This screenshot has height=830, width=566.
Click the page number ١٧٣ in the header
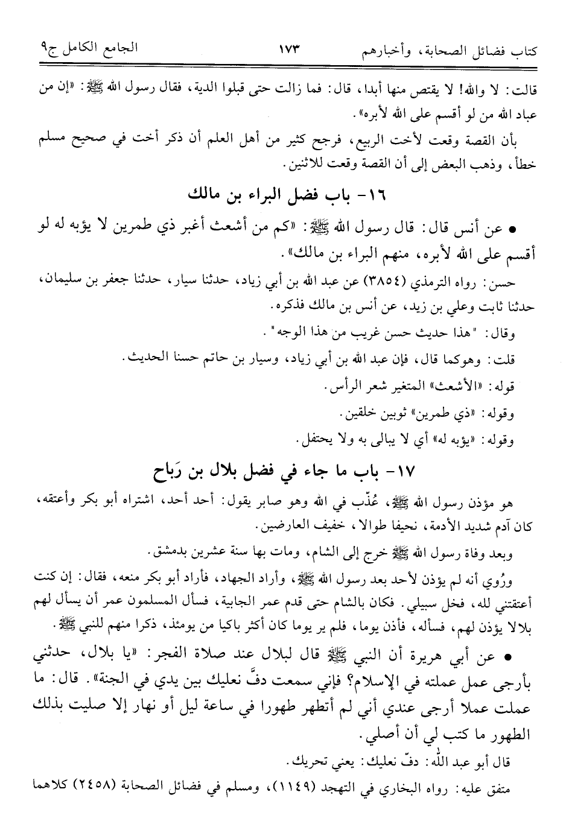click(289, 49)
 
